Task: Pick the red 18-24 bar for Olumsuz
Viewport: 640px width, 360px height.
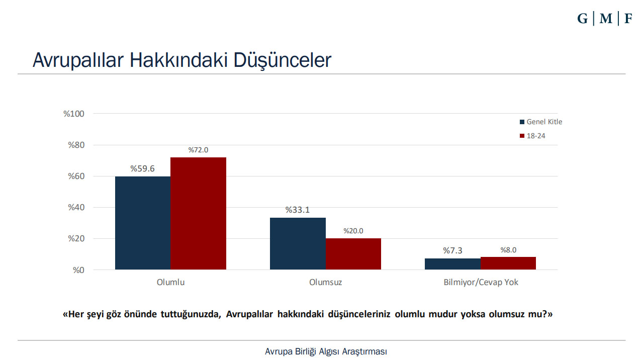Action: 353,254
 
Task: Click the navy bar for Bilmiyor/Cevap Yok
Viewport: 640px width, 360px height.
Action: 452,264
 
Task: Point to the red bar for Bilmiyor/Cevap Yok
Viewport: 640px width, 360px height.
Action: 508,263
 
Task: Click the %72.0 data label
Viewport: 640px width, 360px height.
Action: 198,150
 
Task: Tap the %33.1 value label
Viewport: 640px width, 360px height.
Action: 298,210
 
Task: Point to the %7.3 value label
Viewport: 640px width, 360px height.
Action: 452,250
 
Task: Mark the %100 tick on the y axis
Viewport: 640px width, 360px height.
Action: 73,114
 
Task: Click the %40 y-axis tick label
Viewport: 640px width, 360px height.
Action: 75,208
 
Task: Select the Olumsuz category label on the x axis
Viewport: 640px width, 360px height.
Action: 325,282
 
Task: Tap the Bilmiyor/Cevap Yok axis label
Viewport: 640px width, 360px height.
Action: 481,282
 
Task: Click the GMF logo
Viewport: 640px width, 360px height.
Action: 604,19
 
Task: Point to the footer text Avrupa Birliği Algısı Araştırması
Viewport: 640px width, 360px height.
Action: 326,351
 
